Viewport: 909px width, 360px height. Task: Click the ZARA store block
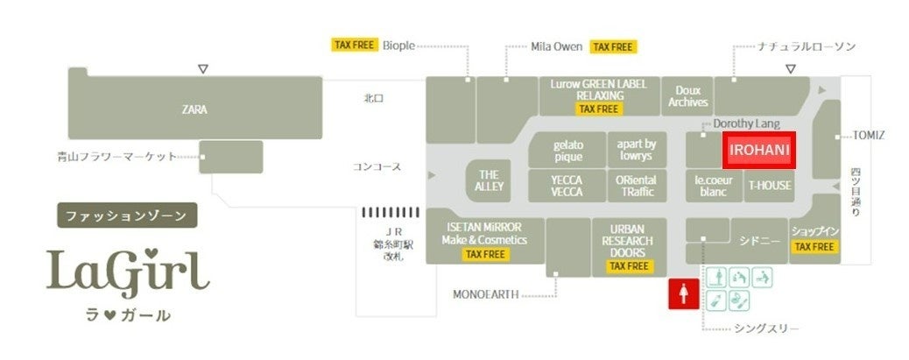tap(194, 109)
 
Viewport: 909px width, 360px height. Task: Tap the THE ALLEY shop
tap(489, 180)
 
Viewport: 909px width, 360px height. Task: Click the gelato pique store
tap(567, 150)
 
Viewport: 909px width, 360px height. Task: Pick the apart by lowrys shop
tap(635, 150)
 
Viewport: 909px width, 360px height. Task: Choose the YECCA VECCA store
tap(567, 186)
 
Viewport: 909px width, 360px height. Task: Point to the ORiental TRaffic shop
tap(636, 186)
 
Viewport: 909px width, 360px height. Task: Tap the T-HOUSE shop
tap(770, 186)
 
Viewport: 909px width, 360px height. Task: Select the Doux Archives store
tap(687, 95)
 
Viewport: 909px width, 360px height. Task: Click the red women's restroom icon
tap(683, 294)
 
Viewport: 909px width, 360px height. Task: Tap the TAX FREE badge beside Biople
tap(355, 46)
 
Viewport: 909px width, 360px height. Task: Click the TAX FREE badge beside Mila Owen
tap(613, 46)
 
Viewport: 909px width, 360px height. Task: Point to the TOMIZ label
tap(870, 135)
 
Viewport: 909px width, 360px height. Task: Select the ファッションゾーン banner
tap(127, 215)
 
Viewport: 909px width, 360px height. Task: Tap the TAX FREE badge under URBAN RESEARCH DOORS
tap(629, 265)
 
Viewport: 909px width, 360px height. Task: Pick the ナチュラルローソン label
tap(806, 46)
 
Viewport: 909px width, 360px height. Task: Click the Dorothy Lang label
tap(746, 124)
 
